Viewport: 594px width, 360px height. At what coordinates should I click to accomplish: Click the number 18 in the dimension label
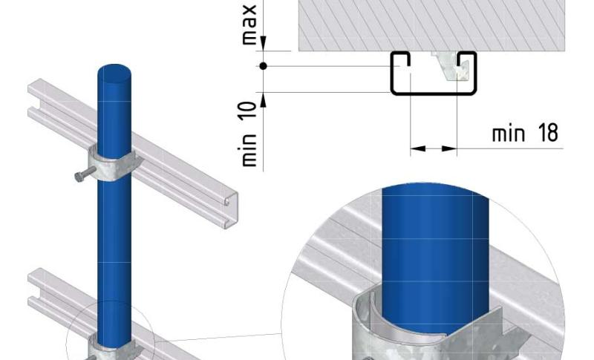tap(548, 133)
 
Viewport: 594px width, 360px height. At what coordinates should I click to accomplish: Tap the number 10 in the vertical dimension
tap(249, 111)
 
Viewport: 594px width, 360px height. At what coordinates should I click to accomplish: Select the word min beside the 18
tap(509, 134)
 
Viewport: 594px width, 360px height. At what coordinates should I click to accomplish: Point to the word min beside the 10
tap(249, 150)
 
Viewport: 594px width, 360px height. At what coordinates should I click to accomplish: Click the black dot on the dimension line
tap(264, 66)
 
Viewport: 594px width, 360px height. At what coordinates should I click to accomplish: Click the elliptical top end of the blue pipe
tap(114, 74)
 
